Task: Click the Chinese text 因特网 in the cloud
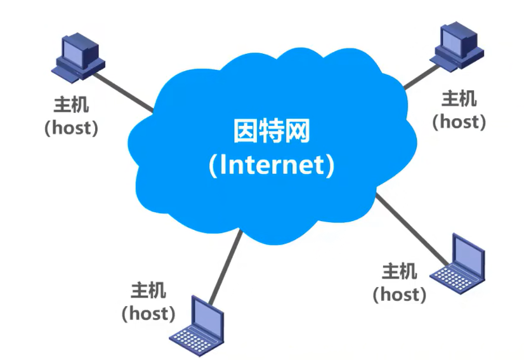(x=271, y=133)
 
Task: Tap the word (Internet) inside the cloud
(x=271, y=164)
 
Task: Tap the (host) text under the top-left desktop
(x=71, y=127)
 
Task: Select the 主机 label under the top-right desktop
(x=459, y=98)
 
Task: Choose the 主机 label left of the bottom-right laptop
(x=400, y=271)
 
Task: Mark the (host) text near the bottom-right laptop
(x=400, y=293)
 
